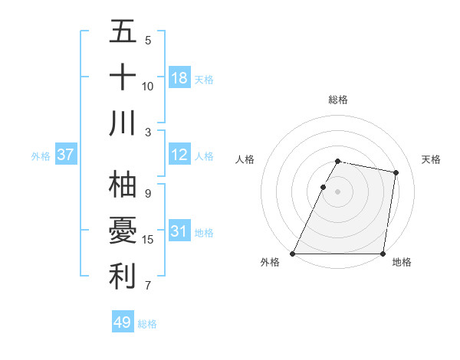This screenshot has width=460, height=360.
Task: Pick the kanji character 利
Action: pos(123,277)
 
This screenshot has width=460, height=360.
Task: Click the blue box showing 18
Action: pos(179,77)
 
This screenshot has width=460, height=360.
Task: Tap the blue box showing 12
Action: pos(179,155)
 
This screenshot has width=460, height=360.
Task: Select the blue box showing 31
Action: pos(179,231)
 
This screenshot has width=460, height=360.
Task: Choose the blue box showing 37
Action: pos(65,155)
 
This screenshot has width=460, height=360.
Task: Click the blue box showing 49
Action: pos(122,322)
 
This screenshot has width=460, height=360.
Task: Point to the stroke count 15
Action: pos(148,240)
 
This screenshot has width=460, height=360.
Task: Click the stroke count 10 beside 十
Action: pos(148,86)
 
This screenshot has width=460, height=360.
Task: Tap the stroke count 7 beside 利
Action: pos(148,286)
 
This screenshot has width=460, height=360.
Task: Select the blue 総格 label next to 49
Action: pos(147,324)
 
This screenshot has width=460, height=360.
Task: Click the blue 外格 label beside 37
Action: pos(41,156)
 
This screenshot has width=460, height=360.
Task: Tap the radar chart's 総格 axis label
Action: pos(338,100)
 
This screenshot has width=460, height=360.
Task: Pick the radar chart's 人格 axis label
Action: pos(245,159)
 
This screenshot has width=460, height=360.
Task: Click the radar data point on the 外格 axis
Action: pos(293,254)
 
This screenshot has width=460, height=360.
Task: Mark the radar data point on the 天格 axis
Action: pos(396,172)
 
